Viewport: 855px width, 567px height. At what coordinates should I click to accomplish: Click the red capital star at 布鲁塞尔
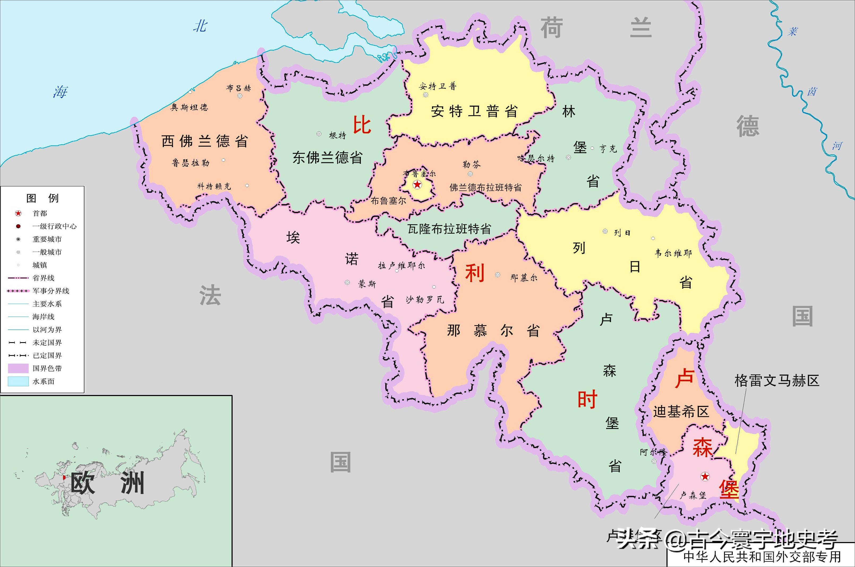(x=417, y=185)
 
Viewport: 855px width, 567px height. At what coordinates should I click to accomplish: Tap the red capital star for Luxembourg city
(x=705, y=476)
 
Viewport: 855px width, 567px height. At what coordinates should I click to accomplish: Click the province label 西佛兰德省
(x=205, y=141)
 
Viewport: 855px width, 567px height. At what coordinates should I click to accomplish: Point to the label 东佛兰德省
(x=327, y=158)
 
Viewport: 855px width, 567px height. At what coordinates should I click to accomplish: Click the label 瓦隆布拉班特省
(x=449, y=229)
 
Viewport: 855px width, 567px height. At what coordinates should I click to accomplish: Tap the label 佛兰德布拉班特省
(x=485, y=187)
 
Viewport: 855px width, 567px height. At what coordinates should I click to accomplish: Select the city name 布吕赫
(x=238, y=88)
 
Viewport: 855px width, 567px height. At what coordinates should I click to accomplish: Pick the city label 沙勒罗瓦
(x=425, y=299)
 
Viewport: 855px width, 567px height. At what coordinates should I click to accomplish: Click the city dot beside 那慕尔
(x=498, y=275)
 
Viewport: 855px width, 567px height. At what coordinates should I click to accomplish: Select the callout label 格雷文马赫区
(x=776, y=381)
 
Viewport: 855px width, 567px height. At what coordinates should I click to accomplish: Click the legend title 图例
(x=42, y=198)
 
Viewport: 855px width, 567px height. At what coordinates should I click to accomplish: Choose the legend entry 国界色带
(x=47, y=368)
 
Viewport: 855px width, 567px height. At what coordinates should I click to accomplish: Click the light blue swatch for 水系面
(x=18, y=381)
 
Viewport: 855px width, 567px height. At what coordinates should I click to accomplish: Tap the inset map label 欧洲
(x=108, y=483)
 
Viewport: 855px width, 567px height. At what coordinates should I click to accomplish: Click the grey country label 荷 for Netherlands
(x=552, y=28)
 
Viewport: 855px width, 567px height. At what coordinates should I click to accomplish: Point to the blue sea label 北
(x=200, y=26)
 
